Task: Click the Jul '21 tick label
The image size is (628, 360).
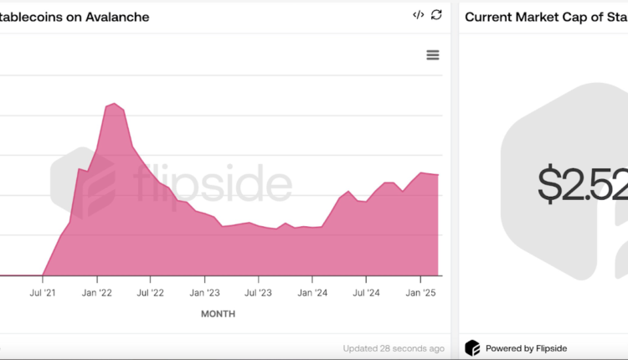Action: [x=43, y=292]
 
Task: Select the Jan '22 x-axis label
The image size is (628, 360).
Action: [x=97, y=292]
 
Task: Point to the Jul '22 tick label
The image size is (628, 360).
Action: [x=151, y=292]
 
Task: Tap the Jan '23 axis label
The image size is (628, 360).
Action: [x=204, y=292]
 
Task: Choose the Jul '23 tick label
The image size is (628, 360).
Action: [x=258, y=292]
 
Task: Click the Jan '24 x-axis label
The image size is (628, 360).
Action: [x=312, y=292]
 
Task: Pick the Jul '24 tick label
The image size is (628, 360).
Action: [x=366, y=292]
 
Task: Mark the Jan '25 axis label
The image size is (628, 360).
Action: [x=420, y=292]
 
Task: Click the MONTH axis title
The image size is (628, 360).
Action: [x=218, y=314]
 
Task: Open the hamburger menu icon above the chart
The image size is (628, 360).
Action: [x=433, y=54]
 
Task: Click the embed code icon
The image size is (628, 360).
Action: [x=418, y=15]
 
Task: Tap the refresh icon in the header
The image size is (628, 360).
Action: [x=436, y=15]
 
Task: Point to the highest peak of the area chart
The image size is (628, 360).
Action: [x=114, y=103]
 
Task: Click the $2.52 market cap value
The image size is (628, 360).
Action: [x=583, y=184]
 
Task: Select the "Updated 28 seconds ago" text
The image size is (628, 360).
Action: [x=394, y=348]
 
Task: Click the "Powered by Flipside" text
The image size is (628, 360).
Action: [x=528, y=348]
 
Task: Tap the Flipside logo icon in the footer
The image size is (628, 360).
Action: [x=473, y=348]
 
